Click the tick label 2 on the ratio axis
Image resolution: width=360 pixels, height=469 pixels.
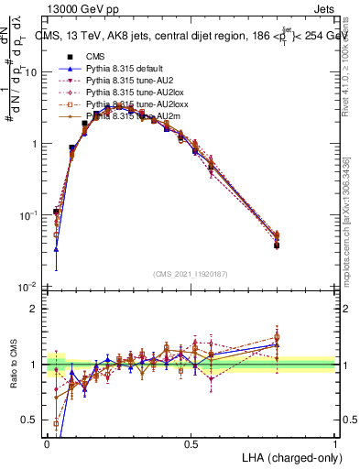click(36, 309)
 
